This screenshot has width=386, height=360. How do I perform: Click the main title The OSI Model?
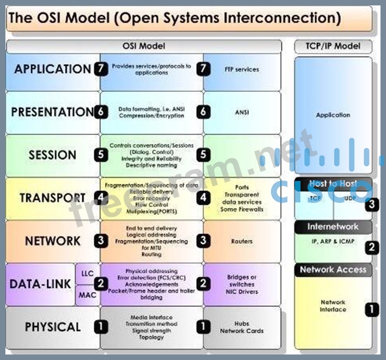[175, 18]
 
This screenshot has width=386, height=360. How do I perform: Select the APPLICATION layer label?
[53, 69]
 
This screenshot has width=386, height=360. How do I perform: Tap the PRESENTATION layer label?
[53, 112]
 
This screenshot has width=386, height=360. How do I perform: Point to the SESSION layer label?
[53, 155]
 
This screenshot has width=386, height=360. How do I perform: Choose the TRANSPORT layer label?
[53, 198]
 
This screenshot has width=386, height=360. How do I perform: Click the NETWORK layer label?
[53, 241]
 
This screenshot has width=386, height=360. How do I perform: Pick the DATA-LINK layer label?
[41, 284]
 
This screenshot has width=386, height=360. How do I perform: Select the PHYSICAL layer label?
[53, 327]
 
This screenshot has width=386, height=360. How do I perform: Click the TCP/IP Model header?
[332, 46]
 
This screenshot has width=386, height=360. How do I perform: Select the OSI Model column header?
[143, 46]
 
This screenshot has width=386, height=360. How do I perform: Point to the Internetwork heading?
[333, 227]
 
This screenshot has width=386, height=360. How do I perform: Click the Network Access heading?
[333, 270]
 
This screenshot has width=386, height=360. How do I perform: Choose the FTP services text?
[242, 69]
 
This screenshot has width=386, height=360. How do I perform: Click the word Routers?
[242, 241]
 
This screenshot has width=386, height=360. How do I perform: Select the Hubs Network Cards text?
[242, 327]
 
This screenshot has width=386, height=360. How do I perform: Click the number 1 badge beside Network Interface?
[372, 309]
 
